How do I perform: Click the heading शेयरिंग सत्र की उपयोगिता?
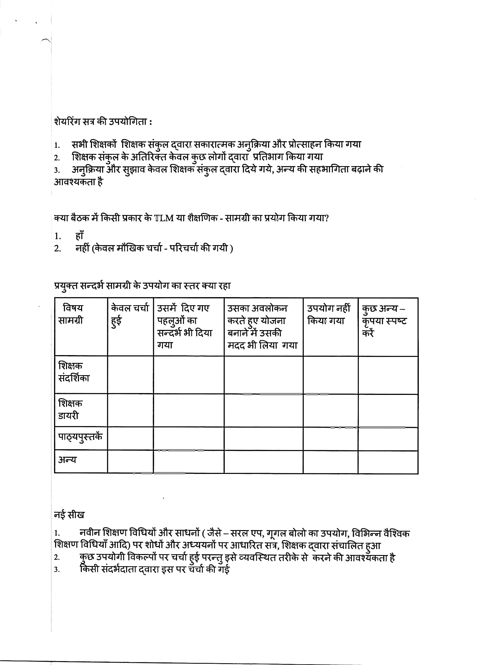coord(103,122)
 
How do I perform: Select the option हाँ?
coord(79,236)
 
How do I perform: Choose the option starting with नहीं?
coord(154,248)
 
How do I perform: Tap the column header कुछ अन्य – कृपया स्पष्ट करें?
coord(384,321)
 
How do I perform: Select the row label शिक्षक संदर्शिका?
coord(74,372)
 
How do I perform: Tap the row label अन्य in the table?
coord(68,460)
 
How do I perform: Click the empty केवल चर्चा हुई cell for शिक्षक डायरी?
coord(130,410)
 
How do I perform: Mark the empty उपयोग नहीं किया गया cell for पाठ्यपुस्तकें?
coord(330,439)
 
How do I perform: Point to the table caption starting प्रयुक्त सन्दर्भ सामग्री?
coord(142,286)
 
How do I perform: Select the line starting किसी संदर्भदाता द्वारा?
coord(155,569)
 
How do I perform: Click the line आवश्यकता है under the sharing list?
coord(78,182)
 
